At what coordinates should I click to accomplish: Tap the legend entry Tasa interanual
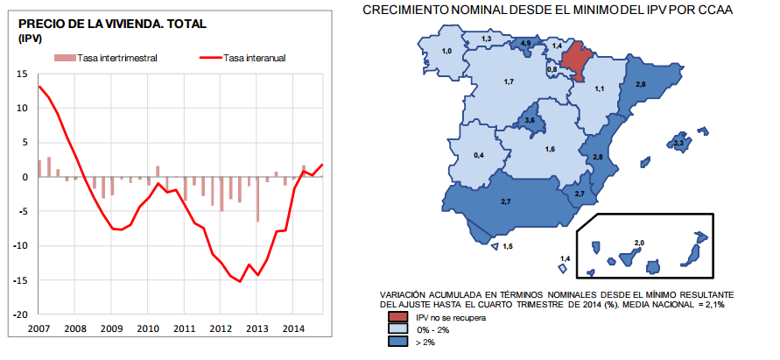pyautogui.click(x=255, y=59)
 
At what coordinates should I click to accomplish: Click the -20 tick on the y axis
pyautogui.click(x=20, y=314)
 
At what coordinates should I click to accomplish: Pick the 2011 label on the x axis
pyautogui.click(x=185, y=328)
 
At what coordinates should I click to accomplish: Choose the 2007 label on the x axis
pyautogui.click(x=39, y=328)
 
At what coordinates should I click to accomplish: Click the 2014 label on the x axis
pyautogui.click(x=294, y=328)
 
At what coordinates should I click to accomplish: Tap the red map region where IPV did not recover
pyautogui.click(x=576, y=59)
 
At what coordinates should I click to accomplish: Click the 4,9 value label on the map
pyautogui.click(x=526, y=43)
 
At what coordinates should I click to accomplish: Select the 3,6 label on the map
pyautogui.click(x=529, y=119)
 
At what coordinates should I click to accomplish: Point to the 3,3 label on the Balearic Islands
pyautogui.click(x=679, y=141)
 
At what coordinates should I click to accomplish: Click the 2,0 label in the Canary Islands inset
pyautogui.click(x=638, y=241)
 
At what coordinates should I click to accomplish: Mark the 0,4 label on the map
pyautogui.click(x=479, y=155)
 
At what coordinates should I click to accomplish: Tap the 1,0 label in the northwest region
pyautogui.click(x=446, y=53)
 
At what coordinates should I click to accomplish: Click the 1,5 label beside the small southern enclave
pyautogui.click(x=508, y=247)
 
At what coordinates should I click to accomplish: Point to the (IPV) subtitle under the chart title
pyautogui.click(x=31, y=39)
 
